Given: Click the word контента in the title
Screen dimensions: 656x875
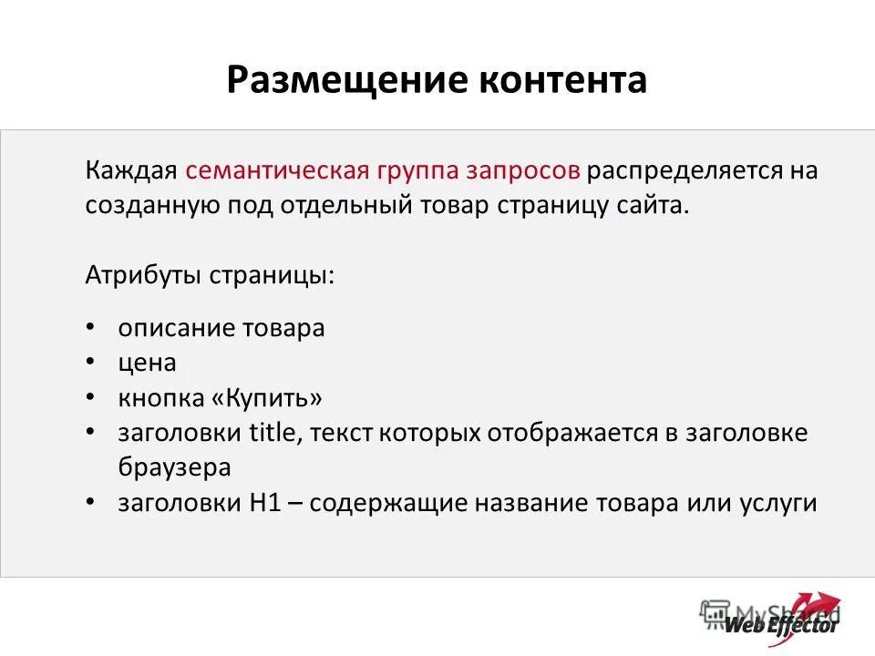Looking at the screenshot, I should [561, 80].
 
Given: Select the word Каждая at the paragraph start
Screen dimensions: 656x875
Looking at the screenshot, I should [131, 171].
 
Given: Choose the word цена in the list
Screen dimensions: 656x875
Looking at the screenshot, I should [147, 363].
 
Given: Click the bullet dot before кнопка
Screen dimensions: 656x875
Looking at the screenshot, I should [91, 398].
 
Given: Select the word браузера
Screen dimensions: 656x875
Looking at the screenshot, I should [174, 467].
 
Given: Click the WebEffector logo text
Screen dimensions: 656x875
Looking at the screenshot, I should [781, 625].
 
